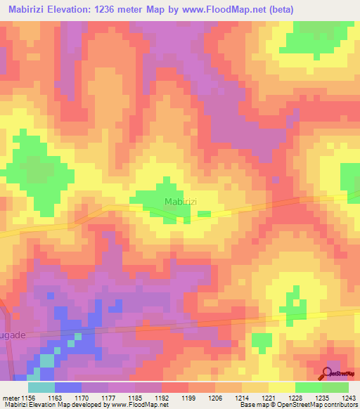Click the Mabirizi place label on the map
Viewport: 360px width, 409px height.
[x=181, y=202]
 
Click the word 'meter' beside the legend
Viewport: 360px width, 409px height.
[x=11, y=398]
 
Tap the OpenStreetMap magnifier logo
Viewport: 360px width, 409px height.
[x=328, y=372]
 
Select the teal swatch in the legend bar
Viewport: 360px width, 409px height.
[x=41, y=387]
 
